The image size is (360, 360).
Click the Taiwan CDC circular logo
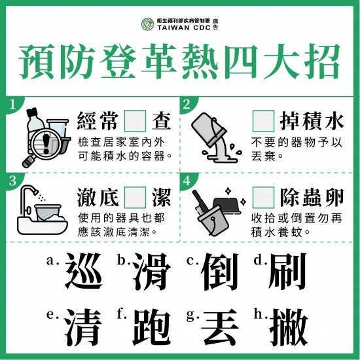pyautogui.click(x=148, y=24)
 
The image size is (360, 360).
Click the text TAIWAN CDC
pyautogui.click(x=184, y=27)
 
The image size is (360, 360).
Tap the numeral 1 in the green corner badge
pyautogui.click(x=12, y=105)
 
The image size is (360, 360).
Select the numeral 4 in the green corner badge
pyautogui.click(x=187, y=181)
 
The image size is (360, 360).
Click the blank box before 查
pyautogui.click(x=135, y=121)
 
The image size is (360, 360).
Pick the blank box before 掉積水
pyautogui.click(x=263, y=121)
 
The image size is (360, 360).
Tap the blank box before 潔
pyautogui.click(x=135, y=197)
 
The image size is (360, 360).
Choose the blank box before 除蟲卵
pyautogui.click(x=263, y=197)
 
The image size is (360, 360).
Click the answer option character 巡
pyautogui.click(x=84, y=271)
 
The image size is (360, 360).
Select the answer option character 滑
pyautogui.click(x=152, y=271)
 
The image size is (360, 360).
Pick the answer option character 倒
pyautogui.click(x=220, y=271)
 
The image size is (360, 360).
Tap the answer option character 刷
pyautogui.click(x=287, y=271)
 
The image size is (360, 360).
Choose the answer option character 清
pyautogui.click(x=83, y=327)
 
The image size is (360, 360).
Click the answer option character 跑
pyautogui.click(x=152, y=327)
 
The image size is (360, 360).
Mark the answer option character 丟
pyautogui.click(x=219, y=327)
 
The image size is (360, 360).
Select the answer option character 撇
pyautogui.click(x=289, y=327)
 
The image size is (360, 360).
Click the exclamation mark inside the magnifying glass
pyautogui.click(x=46, y=143)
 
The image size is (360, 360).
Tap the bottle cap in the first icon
pyautogui.click(x=31, y=113)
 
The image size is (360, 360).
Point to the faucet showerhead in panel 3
pyautogui.click(x=35, y=191)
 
